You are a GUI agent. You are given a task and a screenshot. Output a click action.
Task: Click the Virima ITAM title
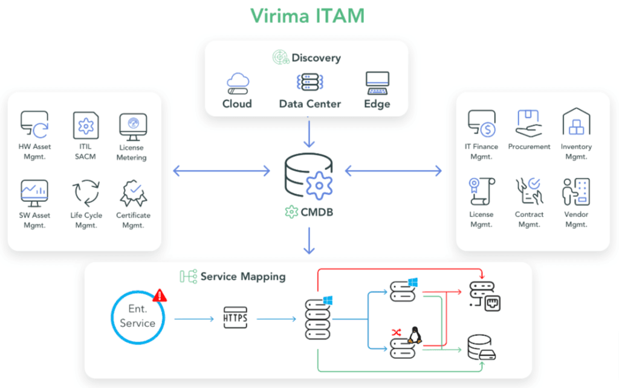(x=308, y=15)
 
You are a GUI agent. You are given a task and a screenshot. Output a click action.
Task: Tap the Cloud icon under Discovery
(x=237, y=83)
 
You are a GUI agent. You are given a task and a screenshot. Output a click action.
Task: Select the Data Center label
(x=309, y=104)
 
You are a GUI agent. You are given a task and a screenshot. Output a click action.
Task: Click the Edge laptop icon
(x=377, y=83)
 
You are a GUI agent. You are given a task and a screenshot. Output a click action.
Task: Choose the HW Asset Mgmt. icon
(x=34, y=123)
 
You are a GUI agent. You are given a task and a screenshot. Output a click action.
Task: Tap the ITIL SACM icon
(x=85, y=125)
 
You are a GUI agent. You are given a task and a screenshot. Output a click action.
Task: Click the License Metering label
(x=131, y=152)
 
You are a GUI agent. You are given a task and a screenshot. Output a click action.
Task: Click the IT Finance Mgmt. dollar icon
(x=482, y=123)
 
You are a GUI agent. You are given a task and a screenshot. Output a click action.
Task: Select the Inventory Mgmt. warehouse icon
(x=576, y=123)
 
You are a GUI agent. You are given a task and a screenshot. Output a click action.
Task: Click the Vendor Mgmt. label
(x=575, y=219)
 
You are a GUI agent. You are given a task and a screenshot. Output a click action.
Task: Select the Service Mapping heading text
(x=242, y=277)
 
